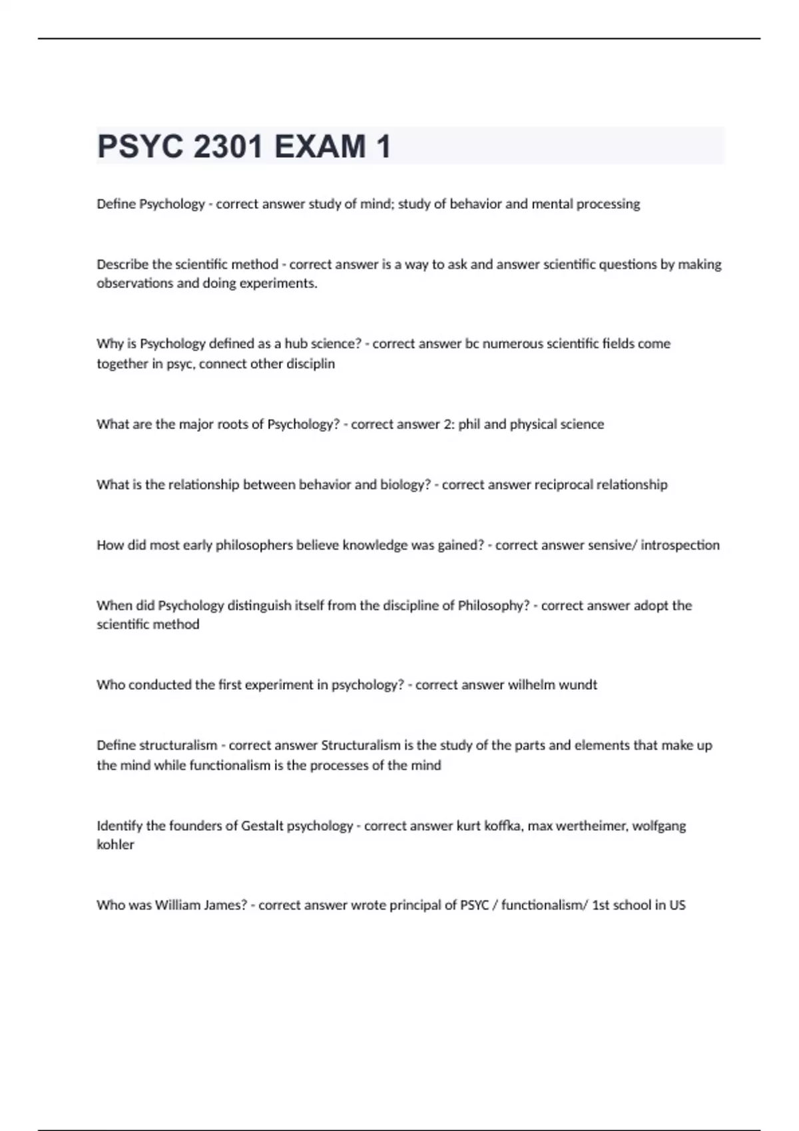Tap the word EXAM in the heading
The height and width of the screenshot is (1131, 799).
pyautogui.click(x=320, y=147)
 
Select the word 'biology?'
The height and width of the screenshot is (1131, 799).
pyautogui.click(x=405, y=485)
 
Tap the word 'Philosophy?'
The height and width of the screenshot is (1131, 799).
pyautogui.click(x=493, y=606)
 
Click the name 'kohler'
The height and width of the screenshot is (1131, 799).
pyautogui.click(x=115, y=845)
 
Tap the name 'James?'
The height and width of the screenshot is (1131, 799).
pyautogui.click(x=226, y=905)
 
